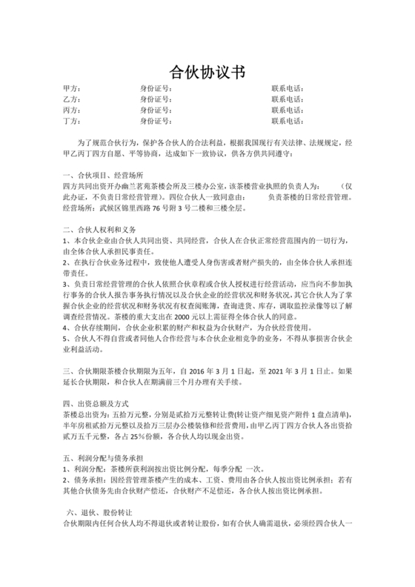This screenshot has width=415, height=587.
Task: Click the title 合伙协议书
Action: pos(207,72)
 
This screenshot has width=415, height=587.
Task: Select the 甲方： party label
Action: pos(73,88)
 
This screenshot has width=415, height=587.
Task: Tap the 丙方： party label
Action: pos(73,110)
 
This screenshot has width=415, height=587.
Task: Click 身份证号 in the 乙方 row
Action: pos(156,99)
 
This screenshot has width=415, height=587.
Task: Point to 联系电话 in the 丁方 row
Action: pos(288,121)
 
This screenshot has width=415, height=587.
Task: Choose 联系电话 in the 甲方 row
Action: pos(288,88)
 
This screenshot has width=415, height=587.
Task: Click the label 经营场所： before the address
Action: pos(80,209)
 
